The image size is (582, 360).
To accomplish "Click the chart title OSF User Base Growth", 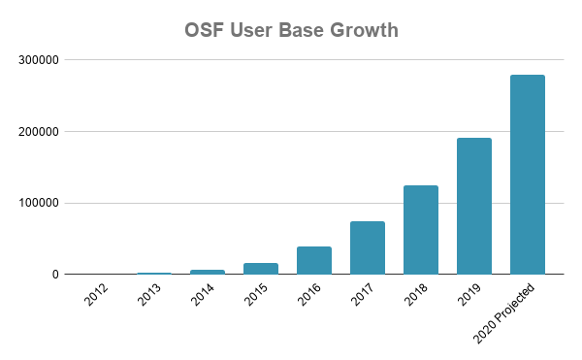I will tap(291, 30).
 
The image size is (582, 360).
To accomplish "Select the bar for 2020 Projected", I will tap(527, 175).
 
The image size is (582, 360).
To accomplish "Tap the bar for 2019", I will tap(473, 206).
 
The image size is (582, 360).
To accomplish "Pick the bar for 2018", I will tap(420, 230).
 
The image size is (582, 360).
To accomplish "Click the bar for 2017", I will tap(367, 247).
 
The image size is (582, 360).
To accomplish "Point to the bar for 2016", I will tap(313, 260).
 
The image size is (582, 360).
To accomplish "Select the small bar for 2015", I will tap(260, 269).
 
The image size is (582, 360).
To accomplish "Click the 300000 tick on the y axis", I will tap(39, 60).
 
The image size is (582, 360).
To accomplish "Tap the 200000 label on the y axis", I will tap(39, 132).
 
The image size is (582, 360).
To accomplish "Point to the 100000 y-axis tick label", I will tap(39, 203).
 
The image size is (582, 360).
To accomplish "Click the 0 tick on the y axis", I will tap(55, 275).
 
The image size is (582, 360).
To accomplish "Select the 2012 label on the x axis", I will tap(95, 295).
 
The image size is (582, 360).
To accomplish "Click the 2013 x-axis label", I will tap(148, 295).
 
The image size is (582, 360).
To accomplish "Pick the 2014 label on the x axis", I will tap(202, 295).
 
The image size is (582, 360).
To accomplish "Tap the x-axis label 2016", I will tap(308, 295).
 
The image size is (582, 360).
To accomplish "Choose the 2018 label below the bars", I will tap(415, 295).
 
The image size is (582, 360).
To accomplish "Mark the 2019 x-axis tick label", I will tap(469, 295).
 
